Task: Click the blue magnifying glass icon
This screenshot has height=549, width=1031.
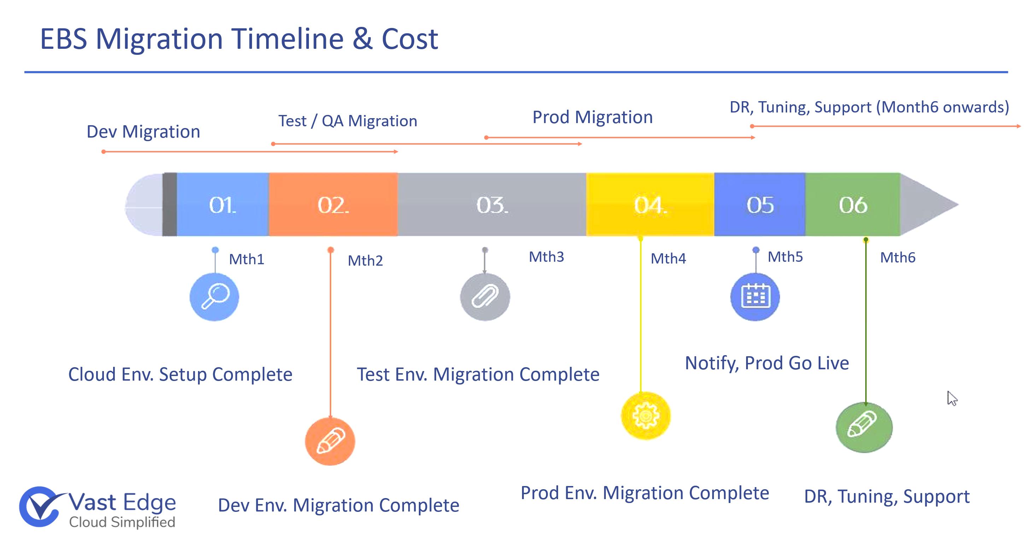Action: pos(214,297)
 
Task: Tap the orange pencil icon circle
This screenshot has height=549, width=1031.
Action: pos(330,441)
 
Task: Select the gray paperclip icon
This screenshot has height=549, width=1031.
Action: pos(485,297)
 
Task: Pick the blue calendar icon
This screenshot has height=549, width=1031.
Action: pos(755,297)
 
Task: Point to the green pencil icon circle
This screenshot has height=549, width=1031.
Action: pos(864,427)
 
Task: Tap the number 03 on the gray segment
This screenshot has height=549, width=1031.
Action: pos(492,206)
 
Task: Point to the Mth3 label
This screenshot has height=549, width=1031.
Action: pos(546,257)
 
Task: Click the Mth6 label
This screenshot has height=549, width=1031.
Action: pos(898,258)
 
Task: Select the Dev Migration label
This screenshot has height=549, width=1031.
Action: pos(143,132)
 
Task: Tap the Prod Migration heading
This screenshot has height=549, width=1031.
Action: pos(592,117)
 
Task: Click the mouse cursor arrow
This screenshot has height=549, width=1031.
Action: pos(952,398)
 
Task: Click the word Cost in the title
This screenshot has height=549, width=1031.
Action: pos(410,39)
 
